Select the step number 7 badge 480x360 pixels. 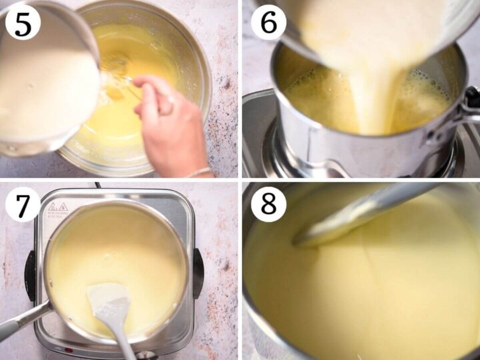click(22, 207)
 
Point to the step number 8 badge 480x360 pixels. click(269, 204)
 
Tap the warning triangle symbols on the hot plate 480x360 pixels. click(56, 207)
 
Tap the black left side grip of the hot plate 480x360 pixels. click(30, 273)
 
